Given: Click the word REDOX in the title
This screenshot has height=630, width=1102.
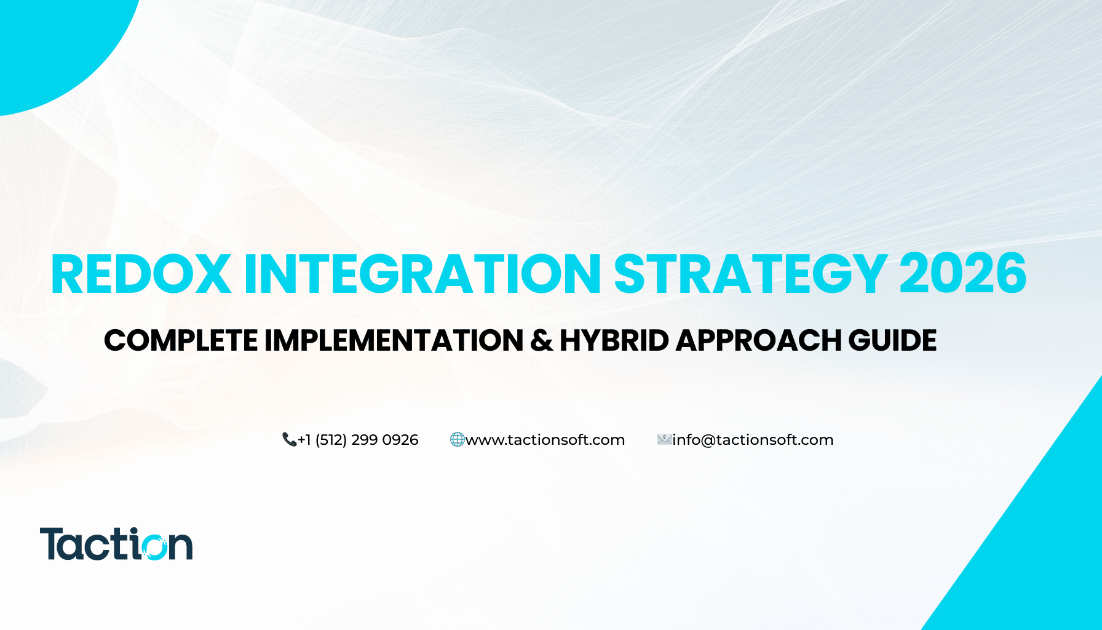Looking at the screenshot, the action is [x=141, y=274].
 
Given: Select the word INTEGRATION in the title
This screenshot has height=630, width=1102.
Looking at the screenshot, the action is [x=422, y=274].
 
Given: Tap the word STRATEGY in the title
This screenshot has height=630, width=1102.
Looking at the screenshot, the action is [x=750, y=274].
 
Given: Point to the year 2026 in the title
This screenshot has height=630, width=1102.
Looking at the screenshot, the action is [x=963, y=274].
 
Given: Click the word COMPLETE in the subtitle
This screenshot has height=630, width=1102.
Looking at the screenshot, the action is [x=181, y=340].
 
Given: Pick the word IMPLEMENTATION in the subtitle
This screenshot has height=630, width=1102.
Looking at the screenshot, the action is [x=394, y=340].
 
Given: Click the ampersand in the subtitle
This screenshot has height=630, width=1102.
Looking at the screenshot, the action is [x=541, y=341].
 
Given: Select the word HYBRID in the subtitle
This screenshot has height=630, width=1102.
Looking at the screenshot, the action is [x=614, y=340].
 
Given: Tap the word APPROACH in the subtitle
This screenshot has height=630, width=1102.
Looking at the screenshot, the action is [x=758, y=340].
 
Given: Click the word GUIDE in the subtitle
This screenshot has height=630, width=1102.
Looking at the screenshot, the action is [x=892, y=340].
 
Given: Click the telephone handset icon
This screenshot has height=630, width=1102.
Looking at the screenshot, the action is [x=289, y=439].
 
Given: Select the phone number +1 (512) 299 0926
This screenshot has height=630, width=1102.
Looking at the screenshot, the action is [x=358, y=440].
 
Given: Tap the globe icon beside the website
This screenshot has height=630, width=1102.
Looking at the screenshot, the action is [x=457, y=439].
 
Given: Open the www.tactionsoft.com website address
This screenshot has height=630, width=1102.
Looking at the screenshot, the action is [x=545, y=440].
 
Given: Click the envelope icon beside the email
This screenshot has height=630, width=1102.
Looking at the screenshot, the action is [x=664, y=439].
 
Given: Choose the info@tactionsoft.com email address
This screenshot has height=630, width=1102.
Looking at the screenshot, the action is [x=753, y=440].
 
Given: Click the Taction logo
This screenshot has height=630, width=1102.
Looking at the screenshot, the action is [x=116, y=544].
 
